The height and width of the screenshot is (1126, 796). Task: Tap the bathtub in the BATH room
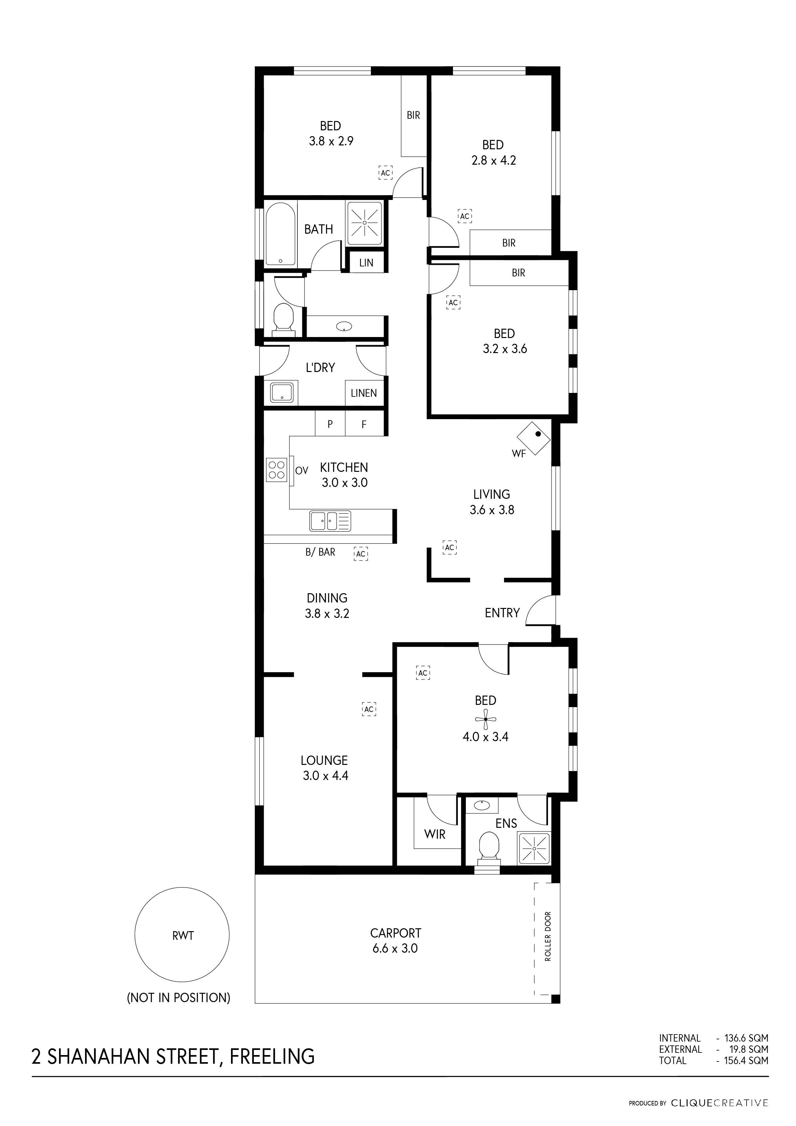pyautogui.click(x=280, y=234)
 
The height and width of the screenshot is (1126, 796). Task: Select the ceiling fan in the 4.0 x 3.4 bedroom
pyautogui.click(x=485, y=719)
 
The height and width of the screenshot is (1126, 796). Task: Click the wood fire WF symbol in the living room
pyautogui.click(x=534, y=438)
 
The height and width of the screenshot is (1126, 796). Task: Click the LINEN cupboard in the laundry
pyautogui.click(x=364, y=393)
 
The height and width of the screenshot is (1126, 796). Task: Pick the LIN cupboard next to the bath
pyautogui.click(x=366, y=262)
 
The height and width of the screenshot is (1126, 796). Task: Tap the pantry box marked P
pyautogui.click(x=330, y=424)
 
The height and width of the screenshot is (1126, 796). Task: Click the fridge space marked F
pyautogui.click(x=364, y=424)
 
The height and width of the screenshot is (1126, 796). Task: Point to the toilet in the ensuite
pyautogui.click(x=488, y=846)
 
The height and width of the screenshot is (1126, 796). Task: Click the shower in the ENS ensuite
pyautogui.click(x=534, y=848)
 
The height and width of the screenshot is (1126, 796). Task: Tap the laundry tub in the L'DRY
pyautogui.click(x=281, y=393)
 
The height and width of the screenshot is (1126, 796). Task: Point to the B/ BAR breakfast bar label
pyautogui.click(x=320, y=552)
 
